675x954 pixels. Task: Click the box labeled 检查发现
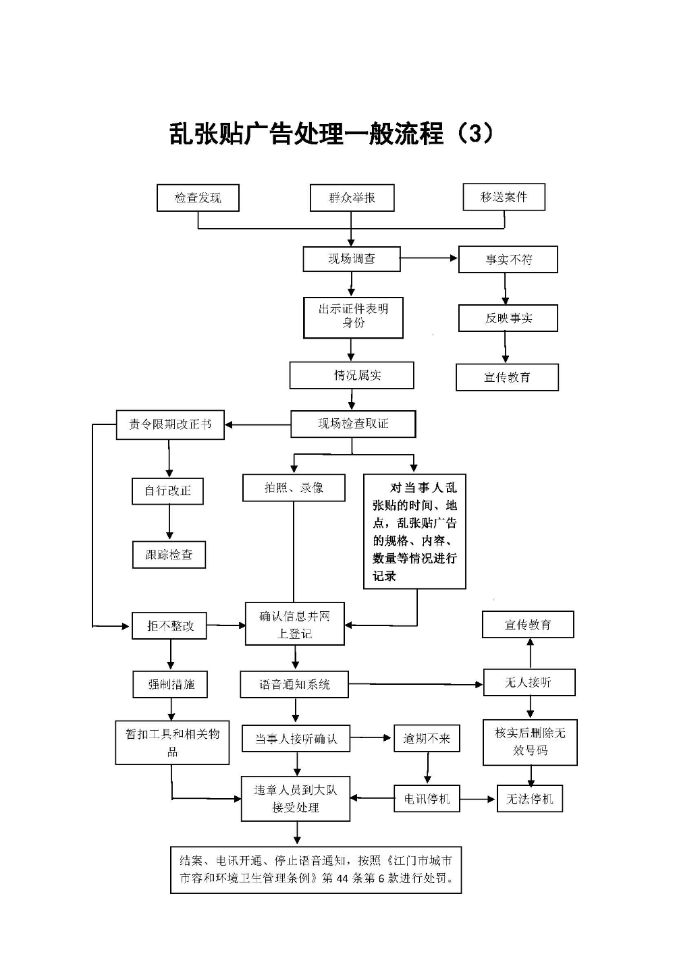click(x=198, y=198)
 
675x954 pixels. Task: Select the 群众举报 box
click(x=352, y=198)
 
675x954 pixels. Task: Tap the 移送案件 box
click(x=504, y=197)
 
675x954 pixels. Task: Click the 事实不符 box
click(x=508, y=259)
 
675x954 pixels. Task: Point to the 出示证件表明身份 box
click(x=353, y=317)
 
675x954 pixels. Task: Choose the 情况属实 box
click(x=352, y=375)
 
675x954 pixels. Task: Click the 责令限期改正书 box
click(x=170, y=424)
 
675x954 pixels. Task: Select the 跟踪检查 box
click(x=169, y=555)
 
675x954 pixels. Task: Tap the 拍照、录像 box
click(x=294, y=488)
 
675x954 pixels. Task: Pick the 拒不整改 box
click(x=169, y=625)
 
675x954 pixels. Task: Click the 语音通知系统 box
click(x=294, y=684)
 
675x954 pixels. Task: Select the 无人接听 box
click(x=529, y=683)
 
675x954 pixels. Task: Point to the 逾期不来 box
click(x=427, y=739)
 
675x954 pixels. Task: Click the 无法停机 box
click(x=529, y=799)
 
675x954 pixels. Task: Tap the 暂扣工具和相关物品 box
click(x=172, y=742)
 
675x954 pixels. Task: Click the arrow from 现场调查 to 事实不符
click(x=429, y=258)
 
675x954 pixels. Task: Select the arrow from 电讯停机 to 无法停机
click(x=478, y=799)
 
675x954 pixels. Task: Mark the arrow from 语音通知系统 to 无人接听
click(x=416, y=684)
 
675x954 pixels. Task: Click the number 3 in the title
click(x=475, y=134)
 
